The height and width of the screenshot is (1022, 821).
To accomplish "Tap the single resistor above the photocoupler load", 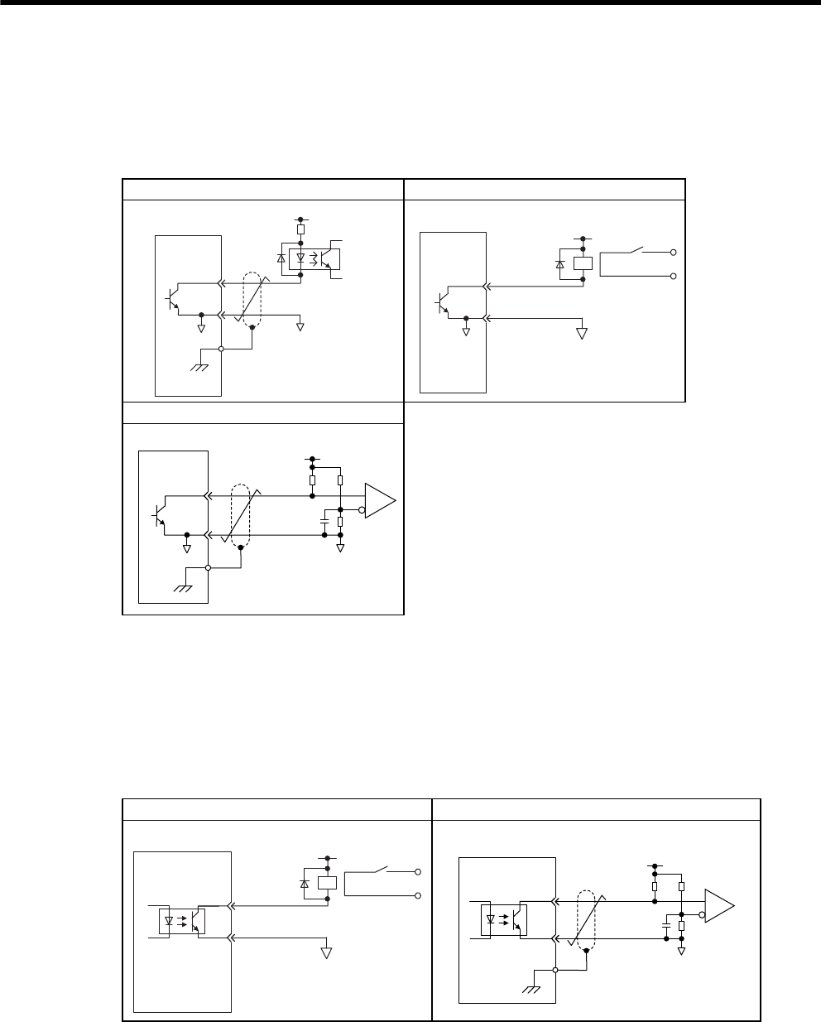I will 300,229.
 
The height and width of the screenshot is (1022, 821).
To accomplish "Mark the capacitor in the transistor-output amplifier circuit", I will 324,522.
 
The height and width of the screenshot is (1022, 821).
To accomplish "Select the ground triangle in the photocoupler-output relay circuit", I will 326,952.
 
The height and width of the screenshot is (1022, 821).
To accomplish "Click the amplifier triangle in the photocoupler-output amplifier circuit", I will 718,906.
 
